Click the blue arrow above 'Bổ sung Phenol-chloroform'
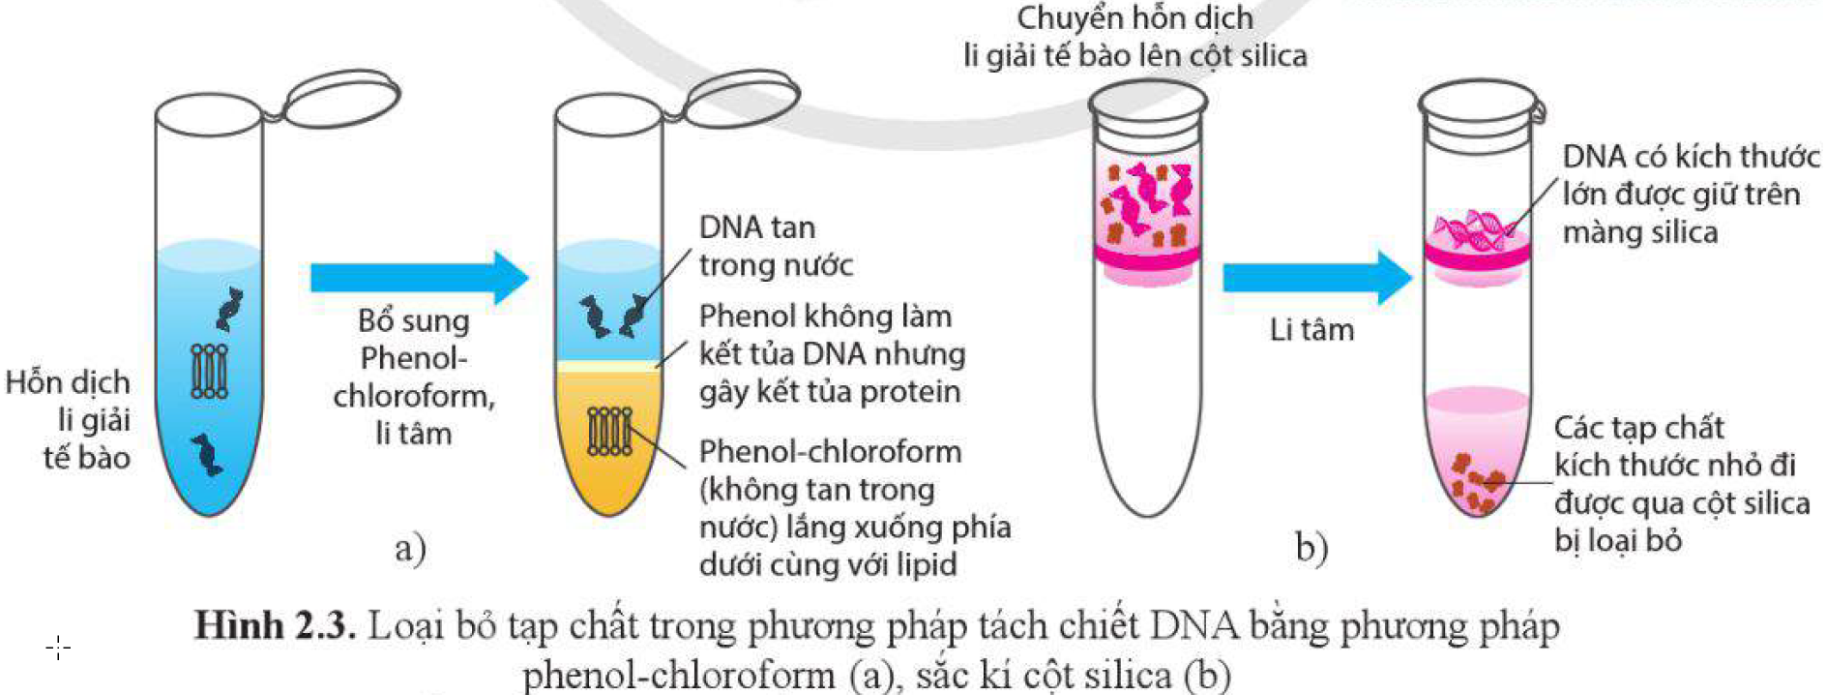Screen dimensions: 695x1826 [x=418, y=278]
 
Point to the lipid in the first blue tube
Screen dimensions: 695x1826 [x=209, y=371]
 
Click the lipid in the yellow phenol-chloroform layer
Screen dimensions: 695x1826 [x=609, y=431]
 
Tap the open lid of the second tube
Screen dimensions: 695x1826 [x=742, y=98]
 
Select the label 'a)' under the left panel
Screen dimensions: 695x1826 [x=410, y=548]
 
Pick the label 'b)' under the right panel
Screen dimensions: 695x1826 [x=1311, y=548]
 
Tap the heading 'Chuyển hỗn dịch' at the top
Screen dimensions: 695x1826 [x=1134, y=17]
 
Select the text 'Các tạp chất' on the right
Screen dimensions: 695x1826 [x=1638, y=427]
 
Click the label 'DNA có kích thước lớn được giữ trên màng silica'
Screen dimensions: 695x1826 [x=1689, y=194]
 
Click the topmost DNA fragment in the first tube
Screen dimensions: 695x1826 [x=229, y=308]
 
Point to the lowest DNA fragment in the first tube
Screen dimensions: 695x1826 [x=205, y=454]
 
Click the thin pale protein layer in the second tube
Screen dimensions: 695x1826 [x=609, y=367]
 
